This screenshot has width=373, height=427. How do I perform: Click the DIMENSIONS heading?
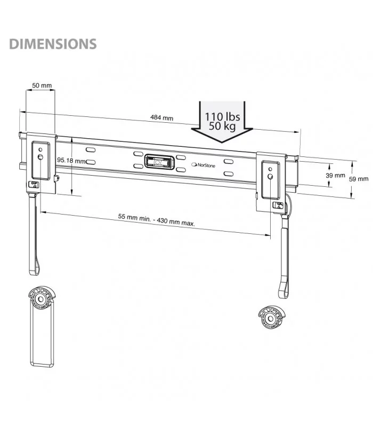pos(52,44)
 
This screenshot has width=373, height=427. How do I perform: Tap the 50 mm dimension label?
pos(42,85)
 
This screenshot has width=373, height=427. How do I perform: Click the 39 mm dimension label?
pos(336,175)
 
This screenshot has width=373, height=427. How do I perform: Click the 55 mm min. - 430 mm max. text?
pos(156,220)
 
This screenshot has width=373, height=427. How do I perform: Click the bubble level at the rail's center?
pos(157,161)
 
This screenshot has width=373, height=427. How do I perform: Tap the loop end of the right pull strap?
pos(282,291)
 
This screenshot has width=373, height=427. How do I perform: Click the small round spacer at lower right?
pos(271,319)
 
